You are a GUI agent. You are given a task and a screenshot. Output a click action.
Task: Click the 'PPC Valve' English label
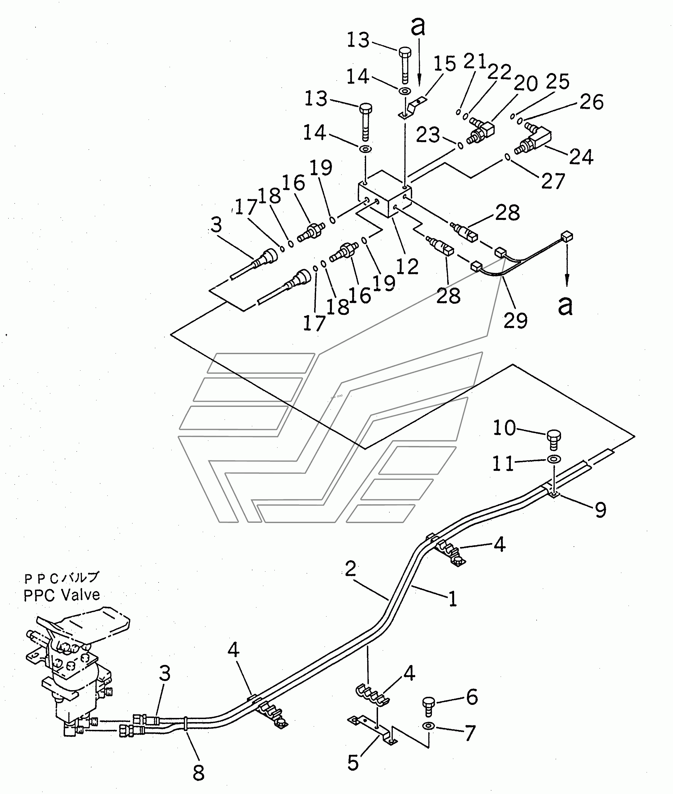pos(62,595)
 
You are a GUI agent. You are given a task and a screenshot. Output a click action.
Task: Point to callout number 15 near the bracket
pos(445,63)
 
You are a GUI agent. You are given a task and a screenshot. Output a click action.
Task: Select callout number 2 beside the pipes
pos(350,569)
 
